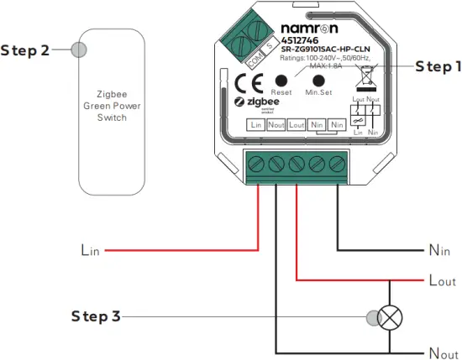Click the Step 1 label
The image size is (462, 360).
point(432,65)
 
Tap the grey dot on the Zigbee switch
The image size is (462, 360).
point(79,50)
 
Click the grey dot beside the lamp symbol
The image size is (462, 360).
point(371,317)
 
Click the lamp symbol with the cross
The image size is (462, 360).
point(391,317)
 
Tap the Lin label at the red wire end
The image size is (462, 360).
point(90,249)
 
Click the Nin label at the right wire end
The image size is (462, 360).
point(439,250)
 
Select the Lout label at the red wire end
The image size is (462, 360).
point(442,281)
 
